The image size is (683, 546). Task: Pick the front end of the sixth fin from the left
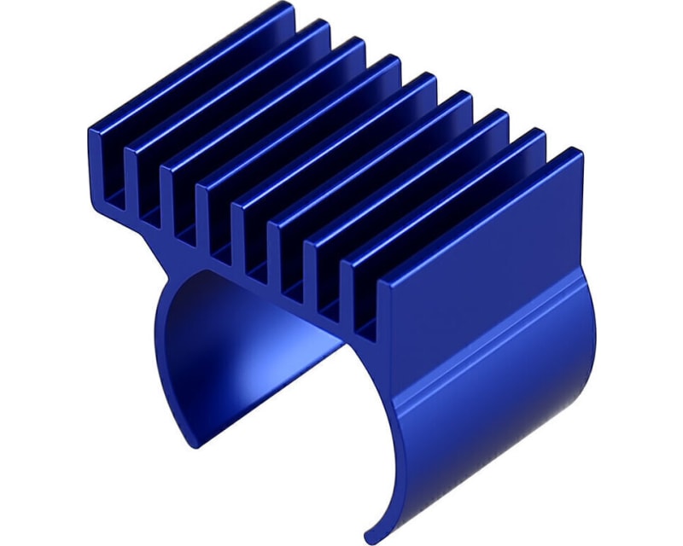tap(287, 253)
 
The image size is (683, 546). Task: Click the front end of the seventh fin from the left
tap(323, 271)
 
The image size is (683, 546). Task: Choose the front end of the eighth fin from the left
tap(359, 290)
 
